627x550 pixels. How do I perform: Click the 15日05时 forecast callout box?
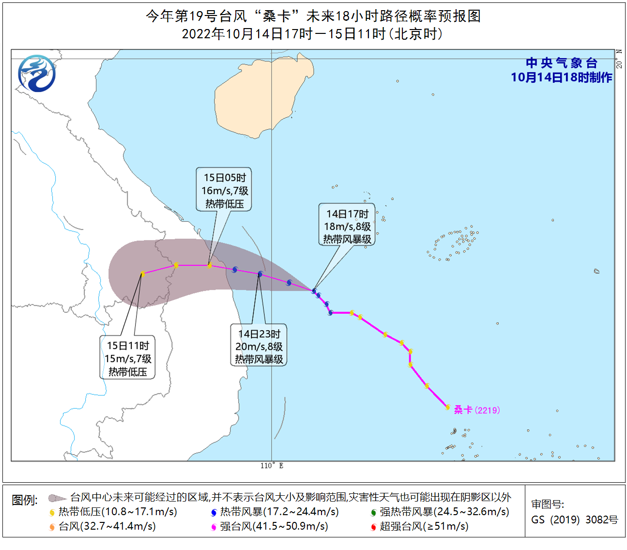click(x=224, y=190)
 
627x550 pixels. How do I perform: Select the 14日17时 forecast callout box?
click(x=347, y=226)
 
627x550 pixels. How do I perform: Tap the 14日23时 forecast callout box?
click(x=259, y=346)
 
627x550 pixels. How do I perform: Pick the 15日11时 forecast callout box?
click(x=128, y=358)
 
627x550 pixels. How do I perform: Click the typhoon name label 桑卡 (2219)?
click(x=476, y=410)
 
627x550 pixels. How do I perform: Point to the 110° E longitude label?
click(x=272, y=466)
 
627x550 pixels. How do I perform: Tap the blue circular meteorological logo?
click(x=37, y=74)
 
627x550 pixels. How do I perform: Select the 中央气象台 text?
click(x=561, y=63)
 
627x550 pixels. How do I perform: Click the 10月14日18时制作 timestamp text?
click(x=561, y=77)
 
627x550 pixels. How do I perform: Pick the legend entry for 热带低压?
click(x=114, y=512)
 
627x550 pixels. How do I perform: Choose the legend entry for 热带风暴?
click(x=275, y=512)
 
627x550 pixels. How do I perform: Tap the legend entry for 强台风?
click(x=270, y=526)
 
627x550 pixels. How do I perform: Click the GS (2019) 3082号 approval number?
click(x=574, y=519)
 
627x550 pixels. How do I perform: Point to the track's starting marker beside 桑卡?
click(x=448, y=407)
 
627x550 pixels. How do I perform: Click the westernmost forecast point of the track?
click(x=143, y=274)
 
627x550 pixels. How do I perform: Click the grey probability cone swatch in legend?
click(x=57, y=498)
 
